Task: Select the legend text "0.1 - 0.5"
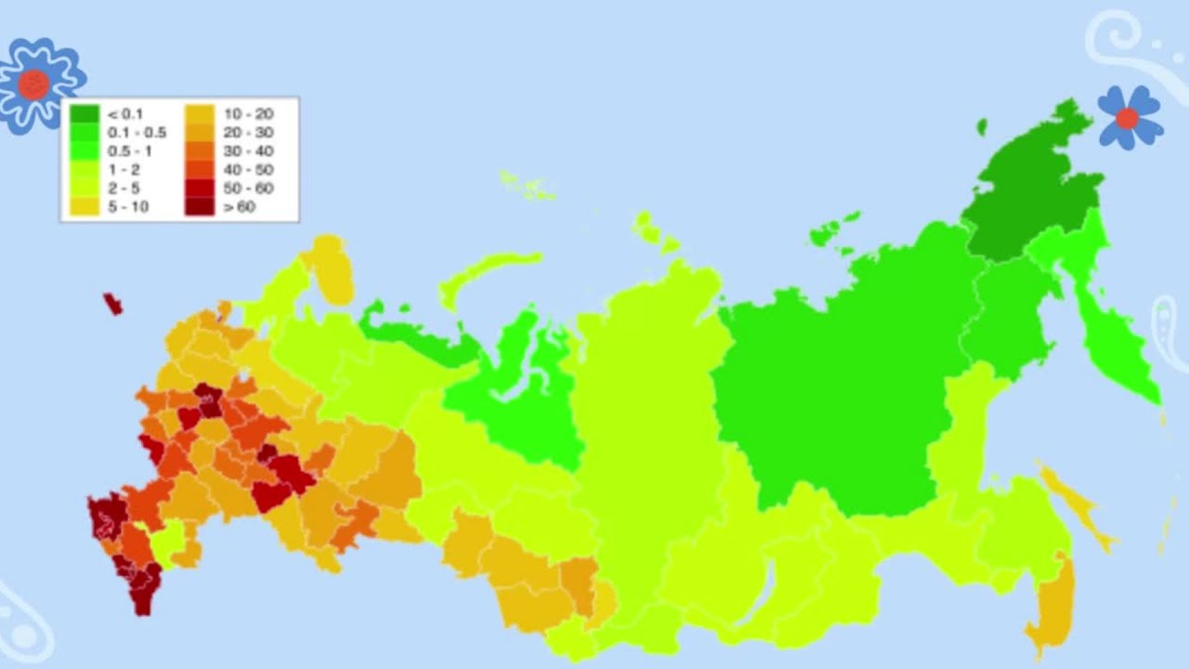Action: [x=137, y=133]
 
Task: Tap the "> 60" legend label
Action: [x=239, y=207]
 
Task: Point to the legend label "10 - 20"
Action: [x=248, y=114]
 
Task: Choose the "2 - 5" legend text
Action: [x=124, y=189]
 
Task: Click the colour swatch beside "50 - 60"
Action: [x=199, y=189]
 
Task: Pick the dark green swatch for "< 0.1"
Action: [x=84, y=114]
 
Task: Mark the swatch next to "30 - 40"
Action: [x=199, y=151]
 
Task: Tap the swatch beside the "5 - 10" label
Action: [x=84, y=207]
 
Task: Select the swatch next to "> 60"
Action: [x=199, y=207]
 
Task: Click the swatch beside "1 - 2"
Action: [x=84, y=170]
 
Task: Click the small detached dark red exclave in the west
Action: [x=112, y=303]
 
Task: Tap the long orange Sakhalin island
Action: [x=1078, y=506]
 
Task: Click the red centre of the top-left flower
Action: [x=33, y=85]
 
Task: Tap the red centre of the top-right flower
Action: [x=1127, y=118]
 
